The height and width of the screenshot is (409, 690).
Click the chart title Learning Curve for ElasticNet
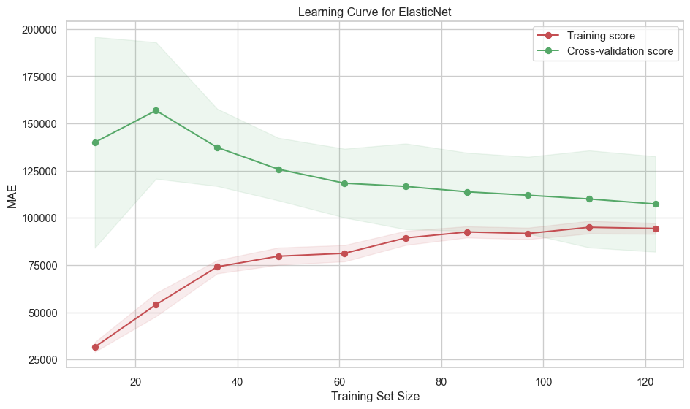(375, 11)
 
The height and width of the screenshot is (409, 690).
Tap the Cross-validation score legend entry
(620, 51)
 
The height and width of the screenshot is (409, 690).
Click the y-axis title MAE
(12, 195)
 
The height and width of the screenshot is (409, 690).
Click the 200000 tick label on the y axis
(40, 30)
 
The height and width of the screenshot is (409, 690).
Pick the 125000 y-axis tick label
(40, 172)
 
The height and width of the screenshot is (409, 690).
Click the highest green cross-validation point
(156, 110)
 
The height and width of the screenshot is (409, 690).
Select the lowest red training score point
(95, 347)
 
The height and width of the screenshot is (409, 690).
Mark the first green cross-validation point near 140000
(95, 142)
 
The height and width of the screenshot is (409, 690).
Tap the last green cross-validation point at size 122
(656, 204)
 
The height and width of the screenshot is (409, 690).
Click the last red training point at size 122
(656, 229)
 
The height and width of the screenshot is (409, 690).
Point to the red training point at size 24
(156, 305)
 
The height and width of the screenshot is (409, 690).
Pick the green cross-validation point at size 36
(217, 148)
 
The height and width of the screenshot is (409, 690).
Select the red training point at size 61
(344, 253)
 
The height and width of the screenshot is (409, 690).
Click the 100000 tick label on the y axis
(40, 218)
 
